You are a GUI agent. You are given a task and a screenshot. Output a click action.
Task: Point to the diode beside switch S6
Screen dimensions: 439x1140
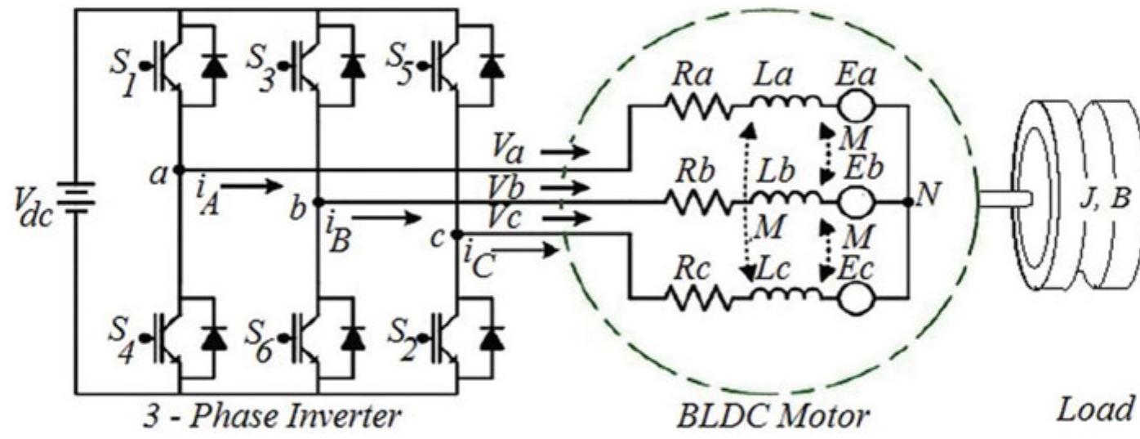click(x=353, y=336)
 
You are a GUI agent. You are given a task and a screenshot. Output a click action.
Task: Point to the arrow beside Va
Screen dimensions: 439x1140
click(x=564, y=151)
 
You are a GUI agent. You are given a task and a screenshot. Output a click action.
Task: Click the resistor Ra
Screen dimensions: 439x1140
click(x=694, y=105)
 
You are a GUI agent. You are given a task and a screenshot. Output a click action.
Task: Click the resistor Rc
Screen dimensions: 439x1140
click(x=694, y=298)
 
